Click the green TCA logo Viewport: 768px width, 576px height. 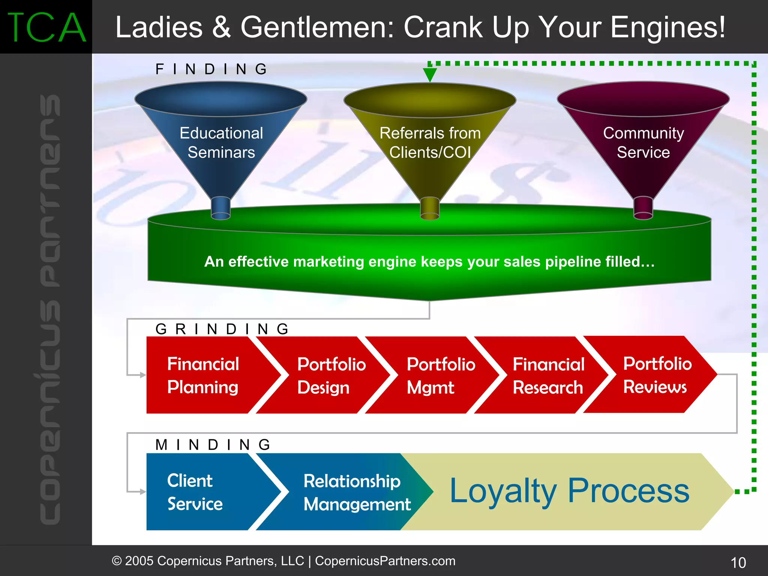[x=46, y=27]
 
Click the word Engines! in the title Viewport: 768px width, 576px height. [x=667, y=27]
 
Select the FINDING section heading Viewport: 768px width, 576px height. [x=211, y=69]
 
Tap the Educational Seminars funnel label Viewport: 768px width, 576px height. [x=221, y=143]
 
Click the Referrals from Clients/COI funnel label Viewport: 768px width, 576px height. [x=430, y=143]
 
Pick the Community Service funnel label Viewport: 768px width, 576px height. [x=643, y=143]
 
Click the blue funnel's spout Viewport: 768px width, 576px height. [x=221, y=208]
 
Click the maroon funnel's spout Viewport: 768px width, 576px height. [x=643, y=208]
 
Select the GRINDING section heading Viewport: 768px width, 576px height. [x=222, y=329]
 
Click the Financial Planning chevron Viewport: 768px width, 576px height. [x=203, y=375]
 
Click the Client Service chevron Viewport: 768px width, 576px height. [x=195, y=492]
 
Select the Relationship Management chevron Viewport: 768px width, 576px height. [x=356, y=492]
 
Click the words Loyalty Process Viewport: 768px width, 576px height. [x=569, y=491]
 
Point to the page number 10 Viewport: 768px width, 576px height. [x=738, y=562]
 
